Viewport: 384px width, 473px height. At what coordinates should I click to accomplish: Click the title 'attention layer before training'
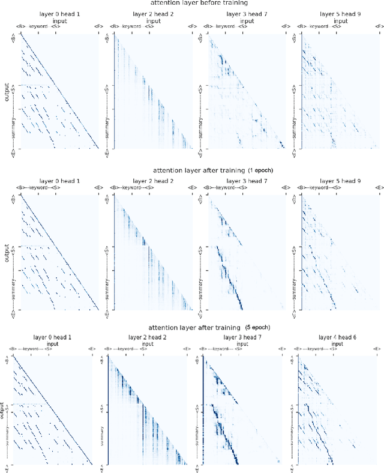[191, 4]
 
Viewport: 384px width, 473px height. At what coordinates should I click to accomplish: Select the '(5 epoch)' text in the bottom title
[259, 328]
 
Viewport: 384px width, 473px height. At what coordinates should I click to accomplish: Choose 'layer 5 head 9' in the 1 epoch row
[340, 181]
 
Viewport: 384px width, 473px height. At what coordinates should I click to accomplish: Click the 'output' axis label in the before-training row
[7, 95]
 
